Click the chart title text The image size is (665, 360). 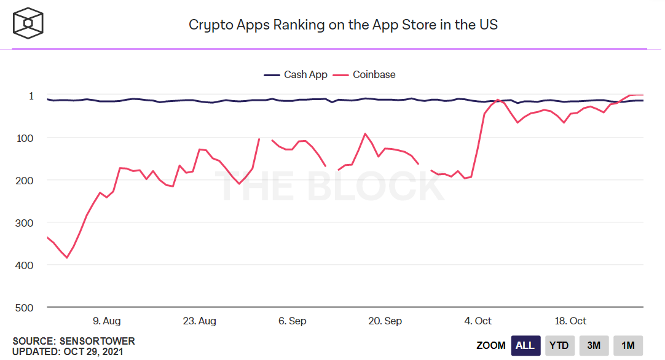pyautogui.click(x=342, y=25)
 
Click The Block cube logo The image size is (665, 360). pyautogui.click(x=28, y=23)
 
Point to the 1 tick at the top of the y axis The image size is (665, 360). pyautogui.click(x=31, y=96)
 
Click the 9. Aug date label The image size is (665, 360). pyautogui.click(x=106, y=321)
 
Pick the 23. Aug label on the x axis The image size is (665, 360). pyautogui.click(x=200, y=321)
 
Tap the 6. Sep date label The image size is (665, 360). pyautogui.click(x=293, y=321)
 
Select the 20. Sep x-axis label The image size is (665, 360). pyautogui.click(x=385, y=321)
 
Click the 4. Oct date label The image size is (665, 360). pyautogui.click(x=478, y=321)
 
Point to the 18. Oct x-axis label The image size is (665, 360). pyautogui.click(x=570, y=321)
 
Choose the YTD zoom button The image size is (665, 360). pyautogui.click(x=559, y=345)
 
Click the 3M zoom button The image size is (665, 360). pyautogui.click(x=593, y=345)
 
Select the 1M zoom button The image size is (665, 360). pyautogui.click(x=628, y=345)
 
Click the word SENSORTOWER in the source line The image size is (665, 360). pyautogui.click(x=97, y=341)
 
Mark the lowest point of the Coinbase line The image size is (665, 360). pyautogui.click(x=67, y=257)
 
